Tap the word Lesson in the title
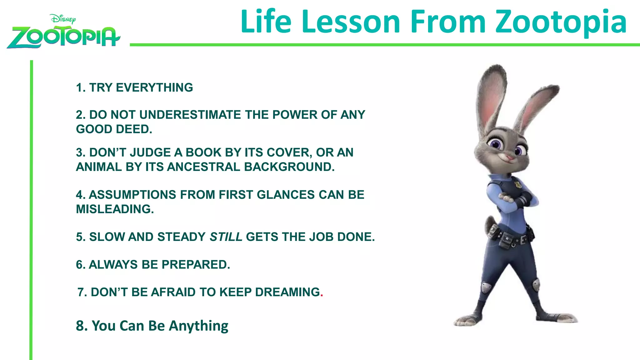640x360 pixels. [x=351, y=22]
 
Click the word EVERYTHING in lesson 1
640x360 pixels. [x=154, y=87]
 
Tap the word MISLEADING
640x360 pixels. [x=115, y=209]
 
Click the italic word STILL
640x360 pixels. [x=226, y=237]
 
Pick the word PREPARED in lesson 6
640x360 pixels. [x=196, y=265]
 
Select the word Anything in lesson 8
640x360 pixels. [x=198, y=326]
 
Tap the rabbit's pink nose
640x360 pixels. [x=509, y=157]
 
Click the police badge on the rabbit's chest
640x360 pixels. [x=518, y=184]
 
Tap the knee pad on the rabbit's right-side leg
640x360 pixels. [x=536, y=283]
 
